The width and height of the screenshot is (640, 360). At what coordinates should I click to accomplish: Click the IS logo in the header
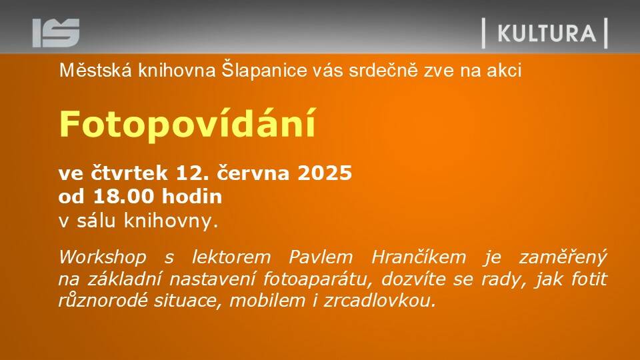[56, 33]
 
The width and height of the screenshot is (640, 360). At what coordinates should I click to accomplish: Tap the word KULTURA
[547, 33]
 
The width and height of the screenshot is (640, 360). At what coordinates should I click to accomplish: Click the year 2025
[325, 173]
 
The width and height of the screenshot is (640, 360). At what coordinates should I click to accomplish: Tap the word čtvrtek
[129, 173]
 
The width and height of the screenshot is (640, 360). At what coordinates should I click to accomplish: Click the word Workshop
[103, 257]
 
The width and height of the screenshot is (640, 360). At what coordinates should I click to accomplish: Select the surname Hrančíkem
[419, 257]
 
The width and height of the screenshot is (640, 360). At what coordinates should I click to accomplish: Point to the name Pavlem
[321, 257]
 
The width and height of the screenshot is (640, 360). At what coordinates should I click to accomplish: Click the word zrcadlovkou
[379, 301]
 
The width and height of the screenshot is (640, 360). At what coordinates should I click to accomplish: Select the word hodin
[192, 197]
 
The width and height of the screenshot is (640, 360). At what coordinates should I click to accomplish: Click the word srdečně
[383, 70]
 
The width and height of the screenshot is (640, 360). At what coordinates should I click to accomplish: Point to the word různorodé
[103, 301]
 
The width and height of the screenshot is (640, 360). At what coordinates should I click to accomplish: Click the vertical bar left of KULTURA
[484, 33]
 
